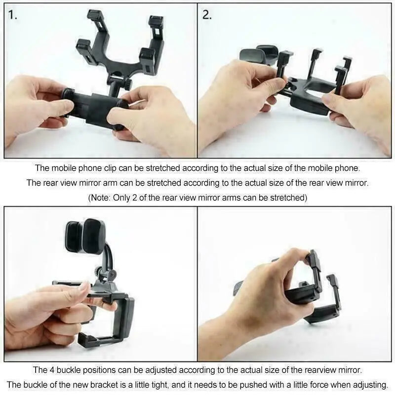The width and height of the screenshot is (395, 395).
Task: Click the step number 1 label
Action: (x=13, y=15)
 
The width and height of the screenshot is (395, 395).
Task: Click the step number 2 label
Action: (x=207, y=15)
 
